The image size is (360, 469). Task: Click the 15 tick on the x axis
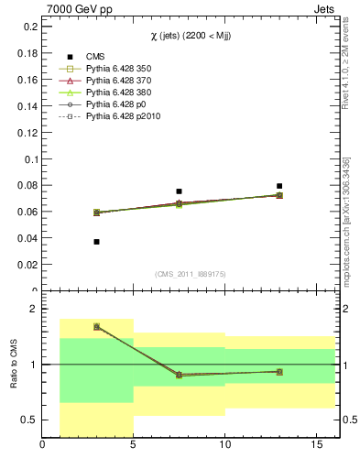tap(316, 446)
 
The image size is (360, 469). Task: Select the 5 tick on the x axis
tap(134, 446)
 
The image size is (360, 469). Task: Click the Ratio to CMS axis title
tap(13, 365)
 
